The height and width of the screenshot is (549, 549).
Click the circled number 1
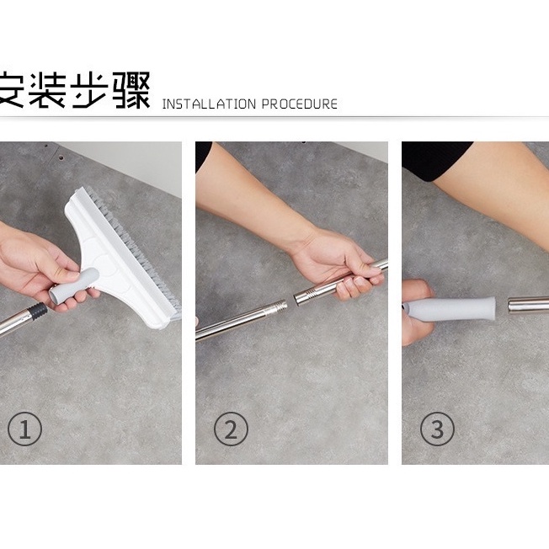[x=25, y=429]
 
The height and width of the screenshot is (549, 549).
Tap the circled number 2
[x=231, y=429]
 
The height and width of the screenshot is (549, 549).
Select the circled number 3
[x=437, y=429]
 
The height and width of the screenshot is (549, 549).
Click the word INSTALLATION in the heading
[x=210, y=104]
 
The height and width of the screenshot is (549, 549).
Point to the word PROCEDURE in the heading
[x=300, y=104]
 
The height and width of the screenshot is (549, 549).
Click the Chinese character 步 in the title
[x=89, y=89]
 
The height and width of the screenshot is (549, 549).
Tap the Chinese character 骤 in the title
[x=131, y=89]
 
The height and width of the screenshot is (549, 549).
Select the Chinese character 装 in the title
[x=47, y=89]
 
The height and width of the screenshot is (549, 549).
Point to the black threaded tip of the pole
[x=37, y=310]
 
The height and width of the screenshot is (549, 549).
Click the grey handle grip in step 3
[x=450, y=308]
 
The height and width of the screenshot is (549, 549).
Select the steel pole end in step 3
[x=528, y=305]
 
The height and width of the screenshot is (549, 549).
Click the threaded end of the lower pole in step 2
[x=279, y=306]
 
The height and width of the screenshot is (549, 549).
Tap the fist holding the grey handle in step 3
[x=417, y=312]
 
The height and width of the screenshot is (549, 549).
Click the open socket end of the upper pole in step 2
[x=301, y=299]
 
